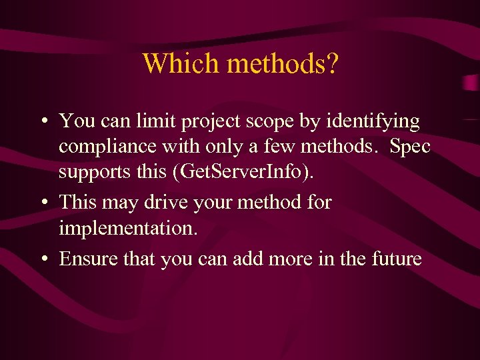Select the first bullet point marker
coord(42,122)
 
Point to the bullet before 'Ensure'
coord(42,259)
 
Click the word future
coord(395,258)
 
